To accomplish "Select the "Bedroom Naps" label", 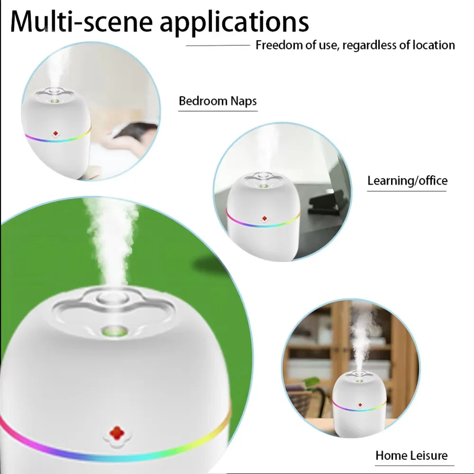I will (x=218, y=101).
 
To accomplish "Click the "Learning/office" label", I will (x=407, y=181).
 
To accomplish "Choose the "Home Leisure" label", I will (x=411, y=456).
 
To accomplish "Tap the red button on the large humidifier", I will (x=116, y=433).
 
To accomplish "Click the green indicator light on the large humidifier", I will (x=116, y=330).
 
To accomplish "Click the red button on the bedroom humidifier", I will (x=55, y=134).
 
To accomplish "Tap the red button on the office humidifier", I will (x=264, y=219).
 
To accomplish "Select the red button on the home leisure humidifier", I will (x=360, y=406).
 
